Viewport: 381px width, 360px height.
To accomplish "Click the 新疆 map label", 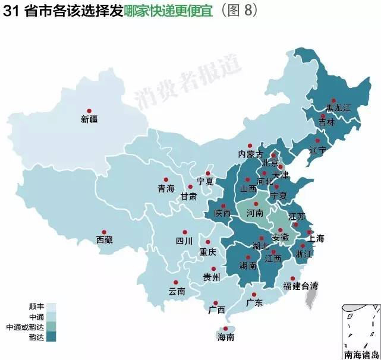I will pos(89,119).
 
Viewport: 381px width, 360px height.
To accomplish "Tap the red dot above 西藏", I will pos(104,232).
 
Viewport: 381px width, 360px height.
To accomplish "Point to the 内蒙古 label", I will pos(250,153).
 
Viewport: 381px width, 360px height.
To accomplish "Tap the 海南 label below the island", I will pos(226,337).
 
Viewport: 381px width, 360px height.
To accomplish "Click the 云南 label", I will pos(177,291).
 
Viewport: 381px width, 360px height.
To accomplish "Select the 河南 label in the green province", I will pos(256,212).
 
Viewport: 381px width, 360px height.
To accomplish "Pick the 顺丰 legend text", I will pos(36,307).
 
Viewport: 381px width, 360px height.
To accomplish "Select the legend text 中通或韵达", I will pos(25,327).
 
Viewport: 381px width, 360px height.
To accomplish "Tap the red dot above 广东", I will pos(254,295).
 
